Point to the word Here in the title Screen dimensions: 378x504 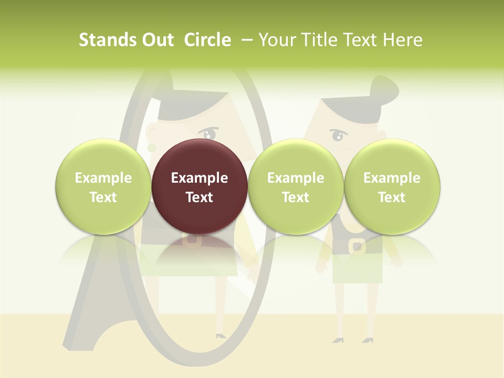coord(403,40)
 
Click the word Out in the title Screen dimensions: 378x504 coord(156,40)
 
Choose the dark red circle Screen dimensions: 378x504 coord(199,187)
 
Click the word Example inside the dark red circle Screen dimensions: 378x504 coord(199,178)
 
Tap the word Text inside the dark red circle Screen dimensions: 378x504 coord(199,197)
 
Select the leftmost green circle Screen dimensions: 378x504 coord(103,187)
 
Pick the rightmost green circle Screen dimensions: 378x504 coord(392,187)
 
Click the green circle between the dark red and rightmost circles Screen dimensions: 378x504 coord(296,187)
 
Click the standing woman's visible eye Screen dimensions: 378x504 coord(337,136)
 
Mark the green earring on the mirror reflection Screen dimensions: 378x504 coord(151,148)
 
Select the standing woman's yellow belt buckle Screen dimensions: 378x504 coord(358,246)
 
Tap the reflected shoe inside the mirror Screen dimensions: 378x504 coord(220,334)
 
